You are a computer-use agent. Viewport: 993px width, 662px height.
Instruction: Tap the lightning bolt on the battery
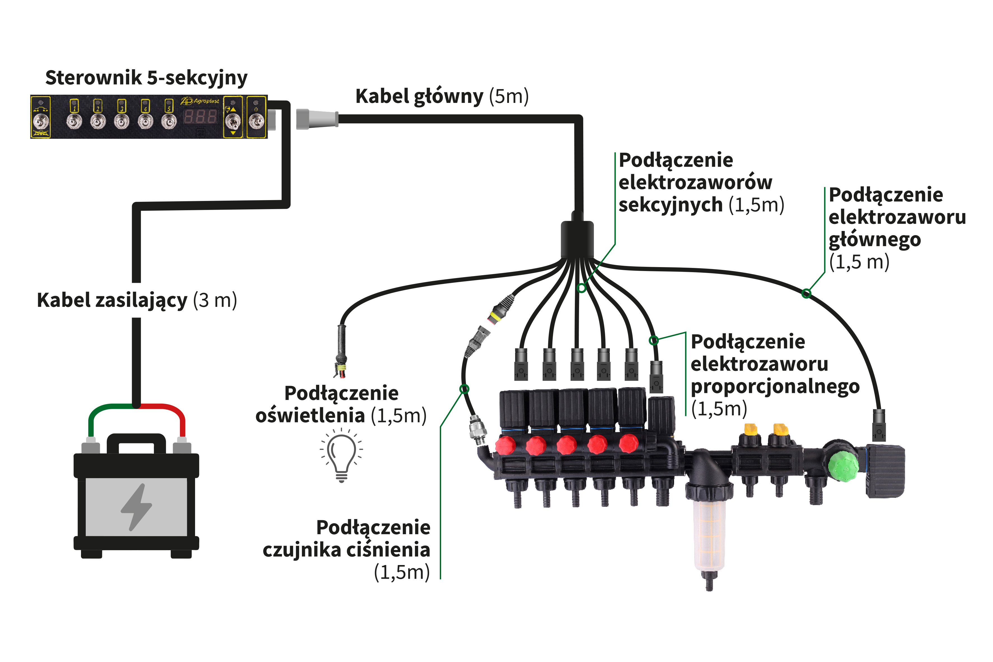(x=136, y=507)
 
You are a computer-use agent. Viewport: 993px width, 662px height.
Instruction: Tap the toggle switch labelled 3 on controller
(x=122, y=122)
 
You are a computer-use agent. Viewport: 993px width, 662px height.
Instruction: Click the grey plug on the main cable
(x=317, y=119)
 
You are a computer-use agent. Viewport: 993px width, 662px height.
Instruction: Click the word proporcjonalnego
(x=775, y=386)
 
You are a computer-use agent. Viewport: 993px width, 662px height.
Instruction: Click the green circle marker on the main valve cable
(x=806, y=293)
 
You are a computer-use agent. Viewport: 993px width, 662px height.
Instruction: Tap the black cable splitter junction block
(x=577, y=239)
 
